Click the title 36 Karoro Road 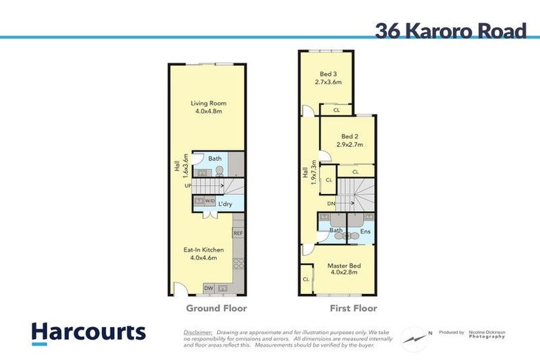(x=450, y=31)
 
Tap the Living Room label (x=208, y=103)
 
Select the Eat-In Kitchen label (x=204, y=250)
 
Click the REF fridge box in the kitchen (x=238, y=233)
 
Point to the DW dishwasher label (x=208, y=288)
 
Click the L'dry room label (x=225, y=204)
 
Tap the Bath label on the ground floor (x=214, y=159)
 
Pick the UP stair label (x=188, y=186)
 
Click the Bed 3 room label (x=328, y=74)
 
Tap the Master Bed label (x=345, y=265)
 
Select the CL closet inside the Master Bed (x=306, y=279)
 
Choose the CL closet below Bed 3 (x=337, y=110)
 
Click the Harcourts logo (x=89, y=332)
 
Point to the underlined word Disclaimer (x=198, y=332)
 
